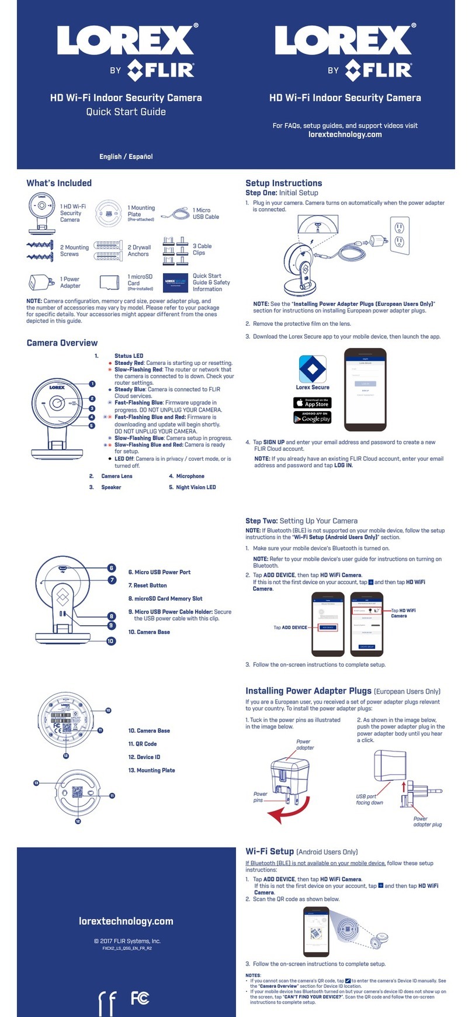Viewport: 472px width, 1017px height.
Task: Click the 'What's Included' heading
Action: click(59, 183)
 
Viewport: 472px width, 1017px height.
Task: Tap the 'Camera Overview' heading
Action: click(62, 343)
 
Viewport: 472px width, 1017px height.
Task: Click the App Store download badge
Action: click(312, 403)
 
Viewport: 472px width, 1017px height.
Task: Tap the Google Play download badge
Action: click(312, 418)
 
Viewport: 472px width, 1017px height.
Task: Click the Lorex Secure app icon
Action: click(313, 369)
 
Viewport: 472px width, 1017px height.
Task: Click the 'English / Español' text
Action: click(126, 156)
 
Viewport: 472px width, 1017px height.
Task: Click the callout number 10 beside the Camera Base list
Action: click(110, 641)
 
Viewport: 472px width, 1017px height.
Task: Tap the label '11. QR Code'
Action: click(143, 744)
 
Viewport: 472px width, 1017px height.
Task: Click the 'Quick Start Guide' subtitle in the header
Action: click(126, 112)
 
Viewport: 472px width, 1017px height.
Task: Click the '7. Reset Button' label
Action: click(147, 585)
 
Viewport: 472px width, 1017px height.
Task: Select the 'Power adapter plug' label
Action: click(427, 822)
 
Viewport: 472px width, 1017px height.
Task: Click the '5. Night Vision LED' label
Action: click(192, 487)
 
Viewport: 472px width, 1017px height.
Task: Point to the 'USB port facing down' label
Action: click(369, 799)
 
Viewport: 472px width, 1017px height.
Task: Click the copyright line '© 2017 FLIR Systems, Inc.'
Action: click(127, 941)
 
